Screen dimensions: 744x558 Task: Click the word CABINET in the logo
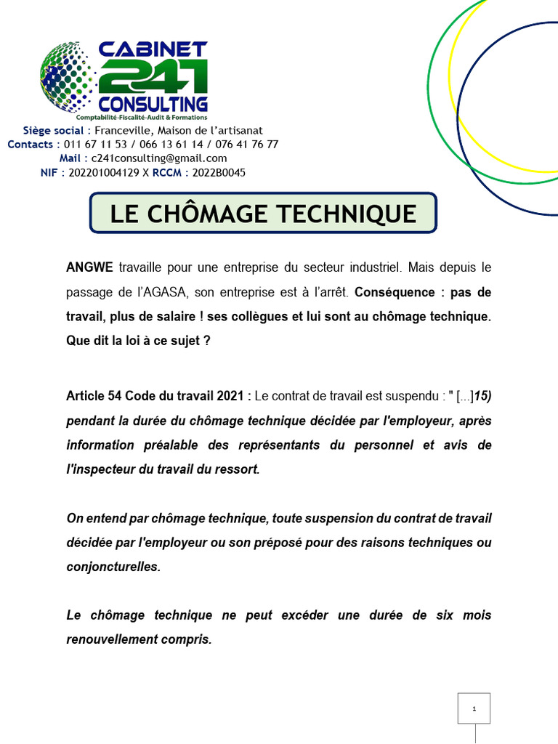[x=153, y=49]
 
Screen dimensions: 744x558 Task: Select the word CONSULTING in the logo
[x=153, y=103]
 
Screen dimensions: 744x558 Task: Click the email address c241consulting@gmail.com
[x=159, y=158]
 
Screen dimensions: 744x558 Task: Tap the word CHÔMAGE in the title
[x=216, y=214]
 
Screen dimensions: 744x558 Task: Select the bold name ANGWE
[x=89, y=267]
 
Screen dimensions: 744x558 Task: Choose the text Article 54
[x=94, y=396]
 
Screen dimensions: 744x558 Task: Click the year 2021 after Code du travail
[x=232, y=396]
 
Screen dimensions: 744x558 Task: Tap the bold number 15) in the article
[x=482, y=396]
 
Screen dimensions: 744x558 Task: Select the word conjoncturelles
[x=113, y=567]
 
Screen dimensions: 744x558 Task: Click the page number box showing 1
[x=474, y=708]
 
